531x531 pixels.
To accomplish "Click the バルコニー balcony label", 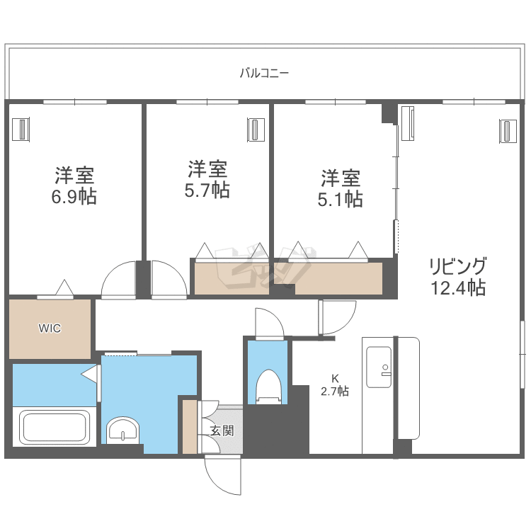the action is (264, 73).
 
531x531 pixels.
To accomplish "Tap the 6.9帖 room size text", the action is (74, 197).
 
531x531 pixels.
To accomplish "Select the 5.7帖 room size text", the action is (207, 190).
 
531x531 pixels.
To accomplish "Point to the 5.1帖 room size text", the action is (341, 199).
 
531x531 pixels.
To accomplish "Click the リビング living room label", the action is (458, 265).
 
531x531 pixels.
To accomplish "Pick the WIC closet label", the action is (50, 328).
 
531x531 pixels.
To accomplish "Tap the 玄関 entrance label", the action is (222, 430).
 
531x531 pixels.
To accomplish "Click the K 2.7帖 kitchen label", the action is (335, 385).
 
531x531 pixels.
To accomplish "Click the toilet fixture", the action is (269, 387).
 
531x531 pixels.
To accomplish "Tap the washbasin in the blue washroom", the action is (123, 430).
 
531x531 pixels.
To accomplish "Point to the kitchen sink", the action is (379, 367).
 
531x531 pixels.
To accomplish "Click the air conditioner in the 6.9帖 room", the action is (21, 130).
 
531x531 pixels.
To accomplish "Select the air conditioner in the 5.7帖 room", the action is (256, 130).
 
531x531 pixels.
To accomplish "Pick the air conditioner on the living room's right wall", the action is (508, 132).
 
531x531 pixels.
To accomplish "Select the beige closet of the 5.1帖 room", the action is (338, 278).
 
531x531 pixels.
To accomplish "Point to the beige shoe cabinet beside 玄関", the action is (190, 427).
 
